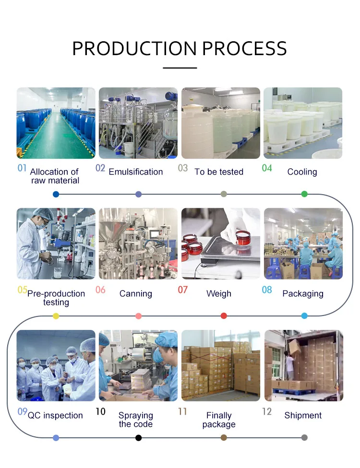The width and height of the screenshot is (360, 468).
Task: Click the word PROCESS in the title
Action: pyautogui.click(x=244, y=49)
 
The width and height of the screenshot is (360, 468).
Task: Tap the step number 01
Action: pyautogui.click(x=22, y=168)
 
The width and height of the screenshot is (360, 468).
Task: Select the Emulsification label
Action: pyautogui.click(x=136, y=172)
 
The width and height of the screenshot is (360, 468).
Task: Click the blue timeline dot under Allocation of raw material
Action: pyautogui.click(x=56, y=194)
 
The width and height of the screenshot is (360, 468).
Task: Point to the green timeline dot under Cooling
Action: pyautogui.click(x=304, y=194)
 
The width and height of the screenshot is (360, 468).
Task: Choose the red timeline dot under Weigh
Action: pyautogui.click(x=224, y=316)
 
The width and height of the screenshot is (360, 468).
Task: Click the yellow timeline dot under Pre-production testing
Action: pyautogui.click(x=56, y=316)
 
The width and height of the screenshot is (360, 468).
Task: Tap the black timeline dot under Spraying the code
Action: pyautogui.click(x=139, y=437)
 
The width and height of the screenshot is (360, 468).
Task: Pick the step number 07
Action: pyautogui.click(x=183, y=290)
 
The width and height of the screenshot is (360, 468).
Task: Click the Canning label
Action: pyautogui.click(x=136, y=293)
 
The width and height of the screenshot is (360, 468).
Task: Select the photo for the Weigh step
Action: pyautogui.click(x=221, y=244)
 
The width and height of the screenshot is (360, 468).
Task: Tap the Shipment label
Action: pyautogui.click(x=303, y=415)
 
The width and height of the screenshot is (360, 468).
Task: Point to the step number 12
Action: pyautogui.click(x=267, y=412)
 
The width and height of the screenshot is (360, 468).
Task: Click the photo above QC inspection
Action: pyautogui.click(x=56, y=365)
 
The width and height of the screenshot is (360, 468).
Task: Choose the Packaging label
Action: pyautogui.click(x=303, y=293)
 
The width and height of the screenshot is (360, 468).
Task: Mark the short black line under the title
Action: pyautogui.click(x=180, y=68)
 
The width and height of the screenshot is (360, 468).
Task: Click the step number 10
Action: pyautogui.click(x=101, y=412)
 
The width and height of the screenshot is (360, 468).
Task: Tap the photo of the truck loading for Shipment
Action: pyautogui.click(x=303, y=365)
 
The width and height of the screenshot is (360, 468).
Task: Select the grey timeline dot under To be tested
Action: pyautogui.click(x=224, y=194)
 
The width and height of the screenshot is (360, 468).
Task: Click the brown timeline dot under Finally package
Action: pyautogui.click(x=224, y=437)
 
